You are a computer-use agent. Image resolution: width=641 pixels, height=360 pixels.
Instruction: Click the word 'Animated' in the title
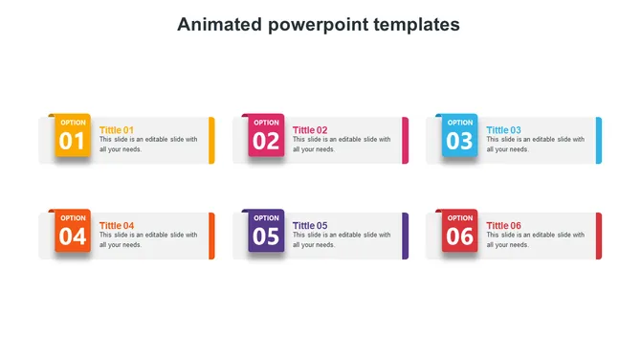coord(216,24)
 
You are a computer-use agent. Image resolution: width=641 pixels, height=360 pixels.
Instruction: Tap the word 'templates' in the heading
coord(415,24)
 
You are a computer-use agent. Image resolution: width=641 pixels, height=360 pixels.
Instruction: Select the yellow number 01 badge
coord(73,136)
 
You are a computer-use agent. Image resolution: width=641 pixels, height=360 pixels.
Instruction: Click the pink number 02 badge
coord(266,136)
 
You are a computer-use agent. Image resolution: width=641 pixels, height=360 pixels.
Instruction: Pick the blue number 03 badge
coord(460,136)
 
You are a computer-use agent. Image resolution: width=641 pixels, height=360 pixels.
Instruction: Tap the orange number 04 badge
coord(73,231)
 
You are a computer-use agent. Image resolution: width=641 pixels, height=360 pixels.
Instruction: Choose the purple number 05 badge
coord(266,231)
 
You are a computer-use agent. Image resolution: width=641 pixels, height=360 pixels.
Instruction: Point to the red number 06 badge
coord(460,231)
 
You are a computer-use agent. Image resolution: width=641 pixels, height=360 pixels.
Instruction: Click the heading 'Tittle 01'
coord(117,130)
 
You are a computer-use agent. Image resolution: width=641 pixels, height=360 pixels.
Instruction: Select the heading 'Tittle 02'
coord(310,130)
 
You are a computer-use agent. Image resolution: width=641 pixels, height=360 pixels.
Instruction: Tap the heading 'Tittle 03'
coord(503,130)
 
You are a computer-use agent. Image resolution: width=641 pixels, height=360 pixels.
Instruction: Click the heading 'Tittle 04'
coord(117,226)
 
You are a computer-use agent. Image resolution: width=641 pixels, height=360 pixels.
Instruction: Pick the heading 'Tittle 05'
coord(310,226)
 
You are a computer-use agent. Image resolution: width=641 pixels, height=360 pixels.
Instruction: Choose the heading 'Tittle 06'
coord(503,226)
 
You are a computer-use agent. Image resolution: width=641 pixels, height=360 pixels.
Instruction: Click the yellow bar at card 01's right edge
coord(211,140)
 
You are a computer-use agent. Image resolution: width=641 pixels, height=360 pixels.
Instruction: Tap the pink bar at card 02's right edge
coord(406,140)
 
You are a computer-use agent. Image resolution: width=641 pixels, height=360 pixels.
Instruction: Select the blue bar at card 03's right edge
coord(599,140)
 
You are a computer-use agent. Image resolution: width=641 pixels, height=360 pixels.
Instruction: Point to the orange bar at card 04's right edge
coord(211,236)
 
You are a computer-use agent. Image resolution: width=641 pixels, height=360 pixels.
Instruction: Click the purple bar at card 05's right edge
coord(406,236)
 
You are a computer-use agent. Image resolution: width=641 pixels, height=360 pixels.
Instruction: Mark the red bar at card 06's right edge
coord(599,236)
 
